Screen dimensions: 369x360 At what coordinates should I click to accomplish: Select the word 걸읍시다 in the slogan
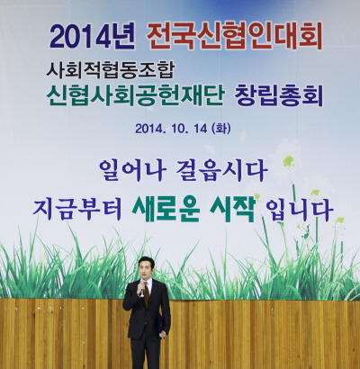[230, 167]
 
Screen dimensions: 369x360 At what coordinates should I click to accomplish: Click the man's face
[145, 268]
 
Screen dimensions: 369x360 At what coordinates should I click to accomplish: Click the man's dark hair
[145, 259]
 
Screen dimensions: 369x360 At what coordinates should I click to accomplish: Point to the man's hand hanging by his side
[163, 334]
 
